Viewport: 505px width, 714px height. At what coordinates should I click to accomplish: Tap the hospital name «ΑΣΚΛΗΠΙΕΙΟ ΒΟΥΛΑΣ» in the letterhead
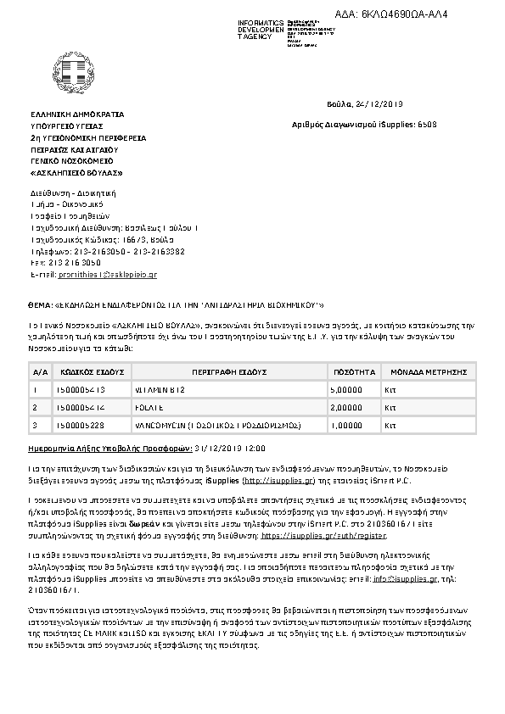tap(76, 173)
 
